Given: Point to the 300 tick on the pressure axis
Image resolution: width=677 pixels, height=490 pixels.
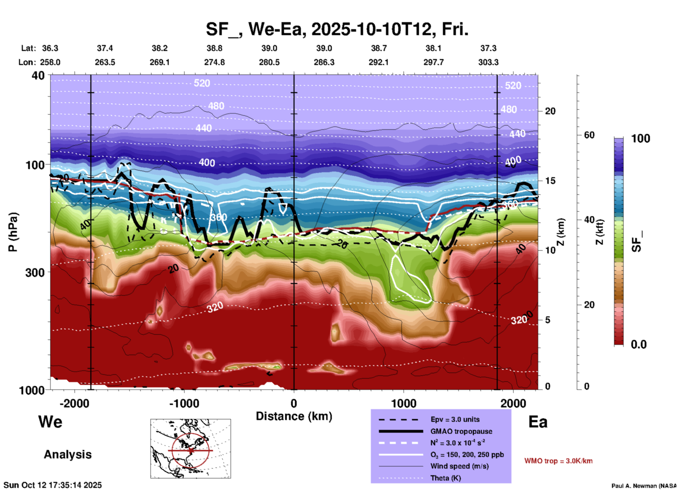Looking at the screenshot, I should (x=35, y=272).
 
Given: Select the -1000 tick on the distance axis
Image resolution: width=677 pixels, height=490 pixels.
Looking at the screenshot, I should (x=184, y=403).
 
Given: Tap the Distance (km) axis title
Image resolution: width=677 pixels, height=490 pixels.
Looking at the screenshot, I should (x=294, y=416).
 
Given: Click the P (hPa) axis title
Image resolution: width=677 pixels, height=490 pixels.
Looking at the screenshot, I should (x=13, y=232).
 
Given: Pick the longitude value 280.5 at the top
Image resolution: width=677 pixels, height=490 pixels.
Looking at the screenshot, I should (x=269, y=62).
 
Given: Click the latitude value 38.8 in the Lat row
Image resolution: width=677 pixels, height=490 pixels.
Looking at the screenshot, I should (x=214, y=48).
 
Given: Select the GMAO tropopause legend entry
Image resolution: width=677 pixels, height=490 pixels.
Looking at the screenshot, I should (x=461, y=431).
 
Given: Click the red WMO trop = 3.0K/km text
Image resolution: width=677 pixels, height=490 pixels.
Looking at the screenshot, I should (x=558, y=461).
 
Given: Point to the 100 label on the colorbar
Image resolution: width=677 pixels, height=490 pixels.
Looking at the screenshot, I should (x=640, y=138).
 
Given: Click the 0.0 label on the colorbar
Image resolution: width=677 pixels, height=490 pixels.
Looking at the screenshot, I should (x=639, y=344).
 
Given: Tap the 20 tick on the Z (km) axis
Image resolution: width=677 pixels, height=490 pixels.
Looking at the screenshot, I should (x=550, y=111).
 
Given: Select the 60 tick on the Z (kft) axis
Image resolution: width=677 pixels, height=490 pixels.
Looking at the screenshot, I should (x=589, y=135).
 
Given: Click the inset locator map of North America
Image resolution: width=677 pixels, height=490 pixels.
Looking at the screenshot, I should (x=191, y=449).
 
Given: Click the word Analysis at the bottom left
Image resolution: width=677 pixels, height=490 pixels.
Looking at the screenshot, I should (x=67, y=454).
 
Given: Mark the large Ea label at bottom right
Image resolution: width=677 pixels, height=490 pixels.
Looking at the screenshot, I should (x=538, y=422).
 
